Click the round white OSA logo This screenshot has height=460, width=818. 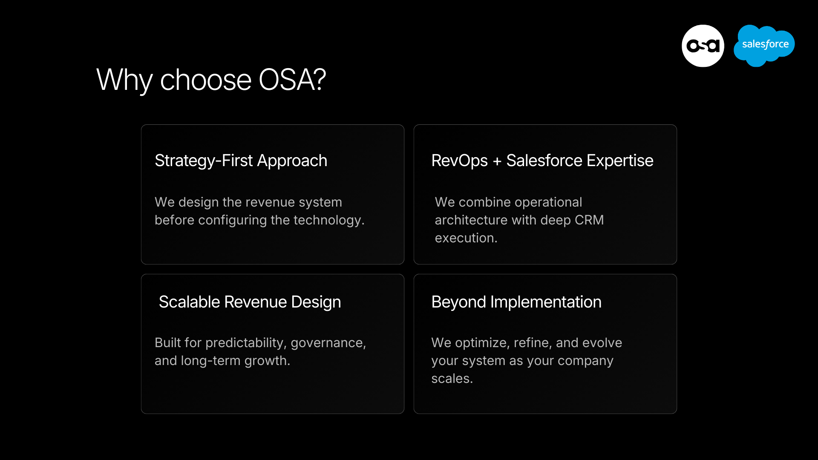click(703, 46)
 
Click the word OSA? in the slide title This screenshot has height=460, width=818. click(292, 80)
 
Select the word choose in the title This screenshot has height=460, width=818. click(206, 80)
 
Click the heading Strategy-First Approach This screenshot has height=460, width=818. click(241, 161)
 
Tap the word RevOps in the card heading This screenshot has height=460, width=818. click(459, 161)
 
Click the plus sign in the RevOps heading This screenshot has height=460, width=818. click(497, 161)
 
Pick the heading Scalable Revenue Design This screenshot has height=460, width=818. click(250, 302)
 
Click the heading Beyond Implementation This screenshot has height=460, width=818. click(516, 302)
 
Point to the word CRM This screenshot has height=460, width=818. click(589, 220)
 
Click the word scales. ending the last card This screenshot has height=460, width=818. click(452, 379)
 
